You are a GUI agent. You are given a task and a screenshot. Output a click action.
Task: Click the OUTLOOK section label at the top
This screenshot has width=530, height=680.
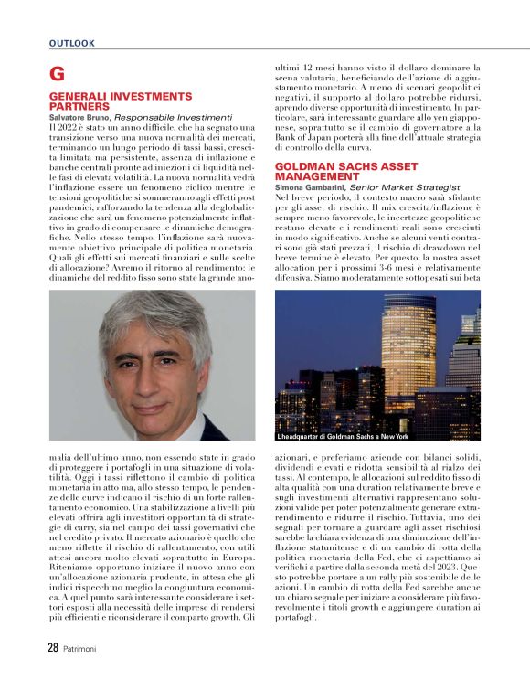[x=71, y=43]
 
